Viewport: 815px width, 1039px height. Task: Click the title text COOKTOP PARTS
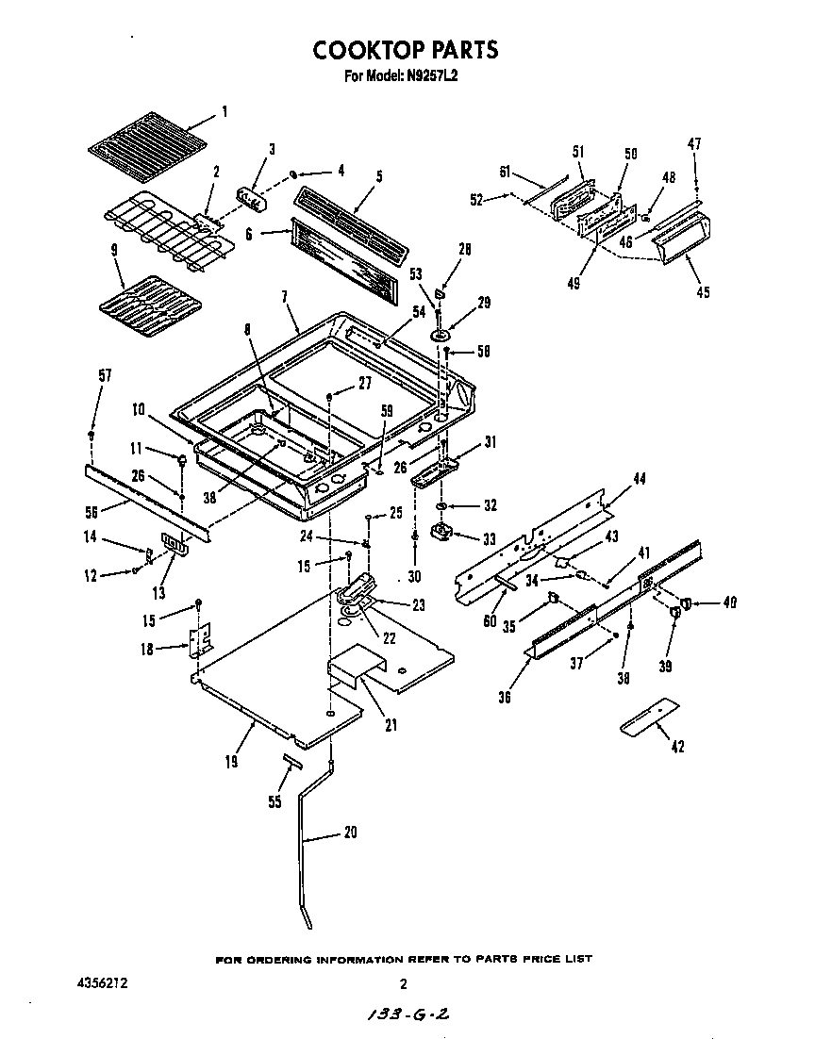coord(405,49)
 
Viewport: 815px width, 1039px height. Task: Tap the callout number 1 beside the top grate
coord(225,112)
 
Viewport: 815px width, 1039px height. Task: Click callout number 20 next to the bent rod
coord(350,832)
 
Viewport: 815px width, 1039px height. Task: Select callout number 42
coord(676,747)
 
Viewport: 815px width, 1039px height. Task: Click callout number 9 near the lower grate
coord(114,252)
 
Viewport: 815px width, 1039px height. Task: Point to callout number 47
coord(693,143)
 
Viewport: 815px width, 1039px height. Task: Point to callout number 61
coord(504,171)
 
